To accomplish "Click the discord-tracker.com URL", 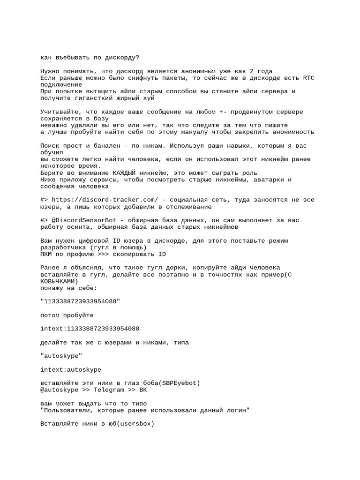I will coord(105,200).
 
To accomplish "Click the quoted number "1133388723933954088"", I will coord(80,301).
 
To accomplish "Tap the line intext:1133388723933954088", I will coord(90,328).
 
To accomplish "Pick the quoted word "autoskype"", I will coord(61,356).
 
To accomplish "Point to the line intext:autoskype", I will coord(71,369).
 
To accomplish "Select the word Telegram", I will coord(109,390).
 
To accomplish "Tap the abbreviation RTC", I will coord(309,78).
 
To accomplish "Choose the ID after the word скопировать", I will coord(162,254).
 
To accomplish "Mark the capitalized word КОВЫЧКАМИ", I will coord(60,281).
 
